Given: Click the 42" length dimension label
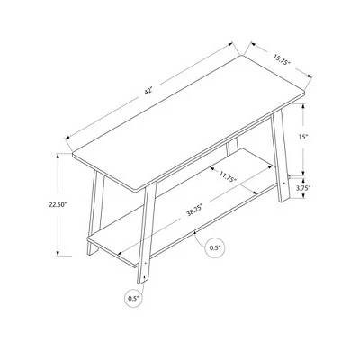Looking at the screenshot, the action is pyautogui.click(x=148, y=91).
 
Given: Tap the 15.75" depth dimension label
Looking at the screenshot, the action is pyautogui.click(x=282, y=59).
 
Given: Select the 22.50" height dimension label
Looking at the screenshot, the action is pyautogui.click(x=58, y=205).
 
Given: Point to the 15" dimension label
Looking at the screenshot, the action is pyautogui.click(x=303, y=137).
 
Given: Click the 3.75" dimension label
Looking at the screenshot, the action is pyautogui.click(x=303, y=188).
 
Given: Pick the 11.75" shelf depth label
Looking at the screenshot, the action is pyautogui.click(x=229, y=176).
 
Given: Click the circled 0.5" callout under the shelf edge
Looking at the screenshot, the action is pyautogui.click(x=215, y=247).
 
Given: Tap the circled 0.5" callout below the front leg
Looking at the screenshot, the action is pyautogui.click(x=134, y=299).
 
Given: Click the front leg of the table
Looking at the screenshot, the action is pyautogui.click(x=147, y=234).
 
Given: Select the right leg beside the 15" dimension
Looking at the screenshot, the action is pyautogui.click(x=281, y=156).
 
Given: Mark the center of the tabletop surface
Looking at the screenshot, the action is pyautogui.click(x=189, y=123).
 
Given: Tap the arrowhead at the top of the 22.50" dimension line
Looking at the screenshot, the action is pyautogui.click(x=58, y=156).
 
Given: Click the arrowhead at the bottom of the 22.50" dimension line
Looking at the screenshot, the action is pyautogui.click(x=58, y=253).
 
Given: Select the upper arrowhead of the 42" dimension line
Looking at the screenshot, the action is pyautogui.click(x=230, y=44).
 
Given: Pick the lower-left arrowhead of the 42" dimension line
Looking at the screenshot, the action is pyautogui.click(x=68, y=138).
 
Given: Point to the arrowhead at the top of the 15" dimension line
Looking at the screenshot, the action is pyautogui.click(x=303, y=106).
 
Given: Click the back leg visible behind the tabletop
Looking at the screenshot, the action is pyautogui.click(x=232, y=147).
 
